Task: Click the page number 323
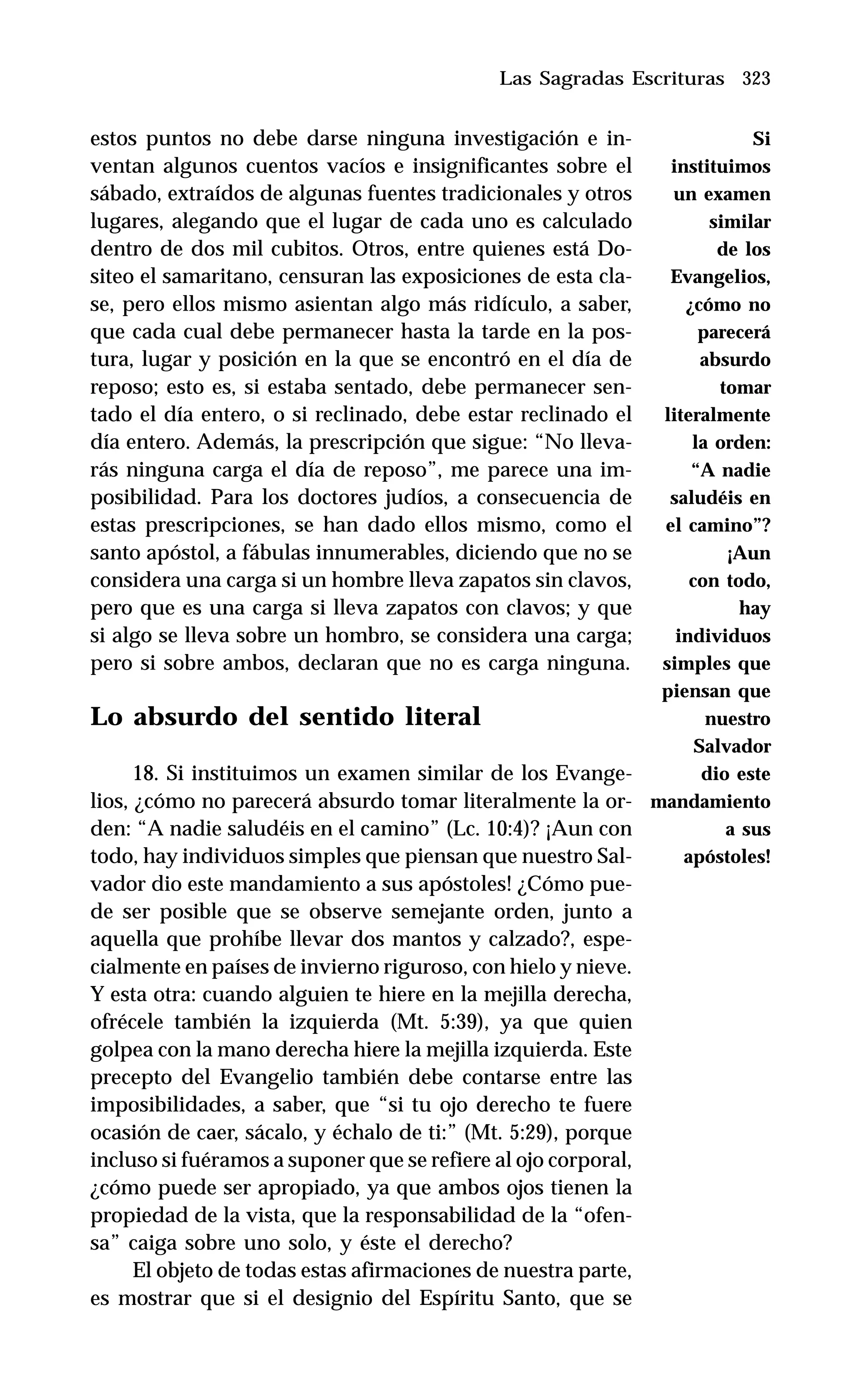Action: (756, 78)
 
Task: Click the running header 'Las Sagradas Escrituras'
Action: (611, 78)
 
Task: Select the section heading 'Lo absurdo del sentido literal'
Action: (285, 717)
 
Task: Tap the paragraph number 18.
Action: (146, 773)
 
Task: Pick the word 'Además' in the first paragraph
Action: (237, 443)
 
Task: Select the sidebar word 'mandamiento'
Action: (710, 802)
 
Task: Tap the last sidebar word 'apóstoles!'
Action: (726, 857)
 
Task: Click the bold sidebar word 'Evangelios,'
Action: (720, 277)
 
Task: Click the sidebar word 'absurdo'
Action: (734, 360)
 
